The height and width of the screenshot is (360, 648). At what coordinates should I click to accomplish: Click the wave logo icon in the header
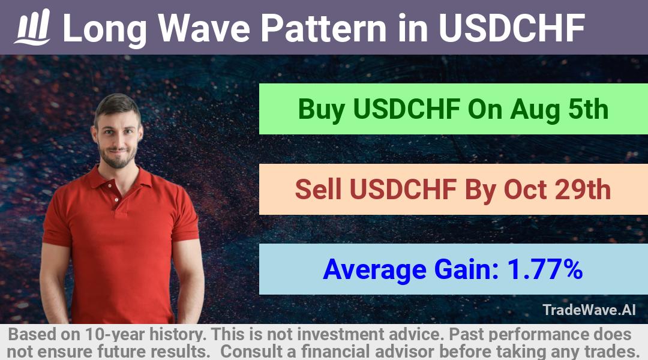point(32,27)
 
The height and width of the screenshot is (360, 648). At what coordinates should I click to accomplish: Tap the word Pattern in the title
point(323,28)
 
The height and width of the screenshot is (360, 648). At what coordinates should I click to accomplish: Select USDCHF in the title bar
point(512,28)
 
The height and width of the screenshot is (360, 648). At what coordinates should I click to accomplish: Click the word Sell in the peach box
point(318,189)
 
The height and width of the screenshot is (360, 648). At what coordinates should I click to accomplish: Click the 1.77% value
point(545,269)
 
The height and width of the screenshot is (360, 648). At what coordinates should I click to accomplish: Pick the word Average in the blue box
point(374,271)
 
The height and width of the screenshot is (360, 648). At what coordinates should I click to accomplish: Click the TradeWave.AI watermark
point(589,310)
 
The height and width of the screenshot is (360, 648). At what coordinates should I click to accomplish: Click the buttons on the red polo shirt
point(113,192)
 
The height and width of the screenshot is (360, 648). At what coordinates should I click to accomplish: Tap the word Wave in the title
point(204,28)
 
